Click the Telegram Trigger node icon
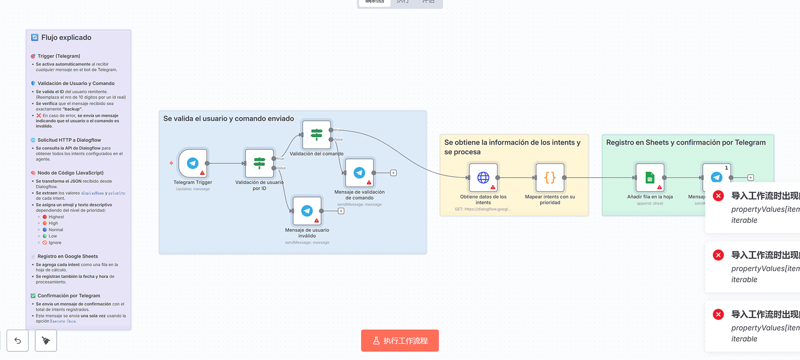pos(193,163)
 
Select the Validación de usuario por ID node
pos(260,163)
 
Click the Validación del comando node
pos(317,135)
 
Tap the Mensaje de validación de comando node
pos(360,173)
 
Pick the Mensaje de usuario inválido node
pos(307,211)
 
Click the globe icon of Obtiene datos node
pos(483,178)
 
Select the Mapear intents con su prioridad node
pos(550,178)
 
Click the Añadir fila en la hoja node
pos(650,178)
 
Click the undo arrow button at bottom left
pos(18,340)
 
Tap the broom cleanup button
pos(46,340)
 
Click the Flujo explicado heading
pos(66,38)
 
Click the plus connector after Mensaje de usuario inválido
pos(341,211)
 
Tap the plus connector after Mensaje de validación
pos(393,173)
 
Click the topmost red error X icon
pos(718,196)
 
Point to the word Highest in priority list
pos(56,217)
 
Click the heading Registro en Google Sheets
pos(68,256)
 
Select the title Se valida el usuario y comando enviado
pos(229,119)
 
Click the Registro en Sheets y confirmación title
pos(686,142)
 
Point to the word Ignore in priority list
pos(55,243)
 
